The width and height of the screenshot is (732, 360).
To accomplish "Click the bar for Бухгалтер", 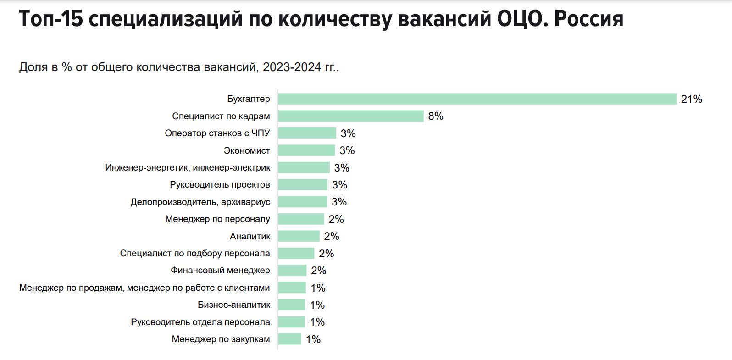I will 477,99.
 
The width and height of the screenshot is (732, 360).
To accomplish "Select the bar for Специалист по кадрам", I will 351,116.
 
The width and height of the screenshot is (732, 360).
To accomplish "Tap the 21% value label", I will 691,99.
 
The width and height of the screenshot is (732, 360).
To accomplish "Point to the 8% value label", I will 436,116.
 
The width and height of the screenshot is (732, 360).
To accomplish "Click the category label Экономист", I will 247,150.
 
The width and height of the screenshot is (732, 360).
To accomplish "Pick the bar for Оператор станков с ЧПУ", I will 307,133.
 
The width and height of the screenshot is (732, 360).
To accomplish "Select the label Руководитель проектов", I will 220,185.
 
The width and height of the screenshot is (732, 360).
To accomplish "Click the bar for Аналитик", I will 299,236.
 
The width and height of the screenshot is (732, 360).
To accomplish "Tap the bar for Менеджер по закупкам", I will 289,339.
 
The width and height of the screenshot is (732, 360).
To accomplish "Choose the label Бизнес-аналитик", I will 234,305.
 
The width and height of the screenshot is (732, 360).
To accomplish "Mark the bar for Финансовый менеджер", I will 292,271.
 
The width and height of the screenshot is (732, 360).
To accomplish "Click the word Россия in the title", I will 588,19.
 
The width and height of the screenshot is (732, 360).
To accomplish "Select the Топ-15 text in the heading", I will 51,19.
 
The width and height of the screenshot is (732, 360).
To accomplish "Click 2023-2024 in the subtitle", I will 292,67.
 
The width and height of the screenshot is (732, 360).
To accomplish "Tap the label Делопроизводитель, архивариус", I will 200,202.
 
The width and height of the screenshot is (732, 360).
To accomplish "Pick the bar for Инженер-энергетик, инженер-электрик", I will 304,167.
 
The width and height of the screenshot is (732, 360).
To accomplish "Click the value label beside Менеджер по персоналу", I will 336,219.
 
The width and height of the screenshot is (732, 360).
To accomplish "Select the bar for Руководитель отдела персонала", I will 291,322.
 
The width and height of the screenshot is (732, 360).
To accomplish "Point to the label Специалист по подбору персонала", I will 195,254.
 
